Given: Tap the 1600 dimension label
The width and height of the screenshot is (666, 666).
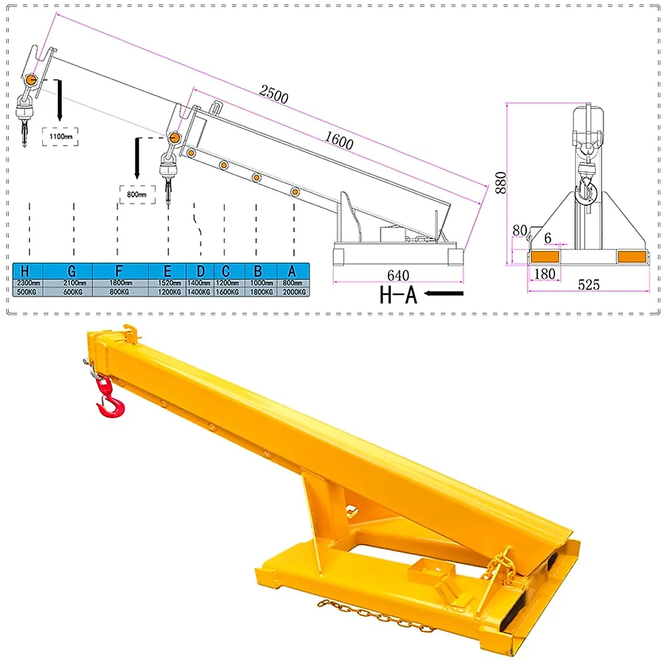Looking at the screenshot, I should click(x=339, y=140).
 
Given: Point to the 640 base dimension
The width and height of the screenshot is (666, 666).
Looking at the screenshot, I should click(x=398, y=275).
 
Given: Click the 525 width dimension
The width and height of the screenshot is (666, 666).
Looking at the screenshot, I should click(x=588, y=285).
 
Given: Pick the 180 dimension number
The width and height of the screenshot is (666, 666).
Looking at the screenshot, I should click(x=544, y=274).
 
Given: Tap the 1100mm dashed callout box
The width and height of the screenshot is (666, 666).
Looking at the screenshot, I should click(x=60, y=137).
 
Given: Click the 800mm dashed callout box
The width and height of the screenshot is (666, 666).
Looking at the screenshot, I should click(x=137, y=194).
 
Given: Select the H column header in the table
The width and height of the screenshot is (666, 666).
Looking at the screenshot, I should click(x=25, y=271).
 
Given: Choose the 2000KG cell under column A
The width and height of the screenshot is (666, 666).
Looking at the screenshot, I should click(x=294, y=292).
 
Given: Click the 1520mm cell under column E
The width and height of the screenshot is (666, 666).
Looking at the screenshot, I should click(x=169, y=283).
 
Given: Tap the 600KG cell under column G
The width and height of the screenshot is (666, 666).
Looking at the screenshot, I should click(x=73, y=292).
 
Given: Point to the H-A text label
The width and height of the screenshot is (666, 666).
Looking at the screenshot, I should click(x=398, y=295).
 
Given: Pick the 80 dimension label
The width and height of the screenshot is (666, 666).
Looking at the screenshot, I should click(x=519, y=230).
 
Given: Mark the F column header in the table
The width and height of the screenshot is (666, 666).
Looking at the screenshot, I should click(x=119, y=271).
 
